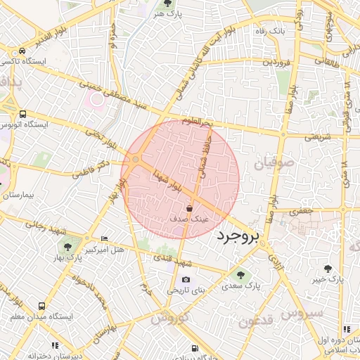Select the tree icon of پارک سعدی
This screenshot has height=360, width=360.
241,275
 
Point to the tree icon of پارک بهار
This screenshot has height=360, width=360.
67,247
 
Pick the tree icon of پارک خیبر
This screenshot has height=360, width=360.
328,268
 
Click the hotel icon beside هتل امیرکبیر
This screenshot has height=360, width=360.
104,239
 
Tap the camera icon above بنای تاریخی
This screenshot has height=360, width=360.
186,279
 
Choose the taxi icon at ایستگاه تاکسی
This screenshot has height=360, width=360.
23,51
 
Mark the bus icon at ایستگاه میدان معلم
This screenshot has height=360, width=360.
42,307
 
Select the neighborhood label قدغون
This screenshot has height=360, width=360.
256,322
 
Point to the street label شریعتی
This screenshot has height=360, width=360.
317,138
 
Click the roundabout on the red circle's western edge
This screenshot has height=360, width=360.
135,160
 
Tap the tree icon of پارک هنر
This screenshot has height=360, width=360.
167,4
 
